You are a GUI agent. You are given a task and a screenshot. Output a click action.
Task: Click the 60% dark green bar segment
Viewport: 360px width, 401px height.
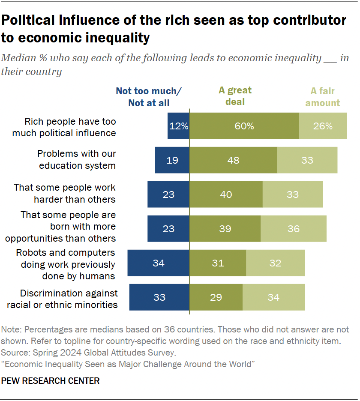pyautogui.click(x=244, y=126)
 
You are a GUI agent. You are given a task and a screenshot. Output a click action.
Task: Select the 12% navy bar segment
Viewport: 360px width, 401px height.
pyautogui.click(x=178, y=126)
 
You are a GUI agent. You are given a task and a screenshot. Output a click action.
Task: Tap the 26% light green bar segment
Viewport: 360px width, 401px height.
pyautogui.click(x=323, y=126)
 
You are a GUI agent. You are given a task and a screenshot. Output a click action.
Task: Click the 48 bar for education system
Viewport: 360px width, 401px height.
pyautogui.click(x=234, y=160)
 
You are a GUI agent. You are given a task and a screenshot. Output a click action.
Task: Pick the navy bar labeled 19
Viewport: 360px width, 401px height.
pyautogui.click(x=172, y=160)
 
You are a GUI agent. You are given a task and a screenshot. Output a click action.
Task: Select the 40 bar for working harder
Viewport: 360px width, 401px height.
pyautogui.click(x=226, y=195)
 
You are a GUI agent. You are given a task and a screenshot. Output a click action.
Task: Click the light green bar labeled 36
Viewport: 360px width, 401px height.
pyautogui.click(x=294, y=228)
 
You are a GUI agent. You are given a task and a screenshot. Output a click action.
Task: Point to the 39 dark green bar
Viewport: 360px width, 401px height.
pyautogui.click(x=225, y=228)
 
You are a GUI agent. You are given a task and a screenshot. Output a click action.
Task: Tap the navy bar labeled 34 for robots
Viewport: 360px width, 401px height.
pyautogui.click(x=158, y=263)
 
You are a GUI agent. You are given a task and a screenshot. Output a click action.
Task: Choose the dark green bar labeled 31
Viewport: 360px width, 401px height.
pyautogui.click(x=218, y=263)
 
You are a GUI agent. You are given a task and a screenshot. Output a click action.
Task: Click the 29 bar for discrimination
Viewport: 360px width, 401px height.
pyautogui.click(x=216, y=297)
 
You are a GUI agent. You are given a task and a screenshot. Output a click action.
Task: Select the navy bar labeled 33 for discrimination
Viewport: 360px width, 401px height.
pyautogui.click(x=159, y=297)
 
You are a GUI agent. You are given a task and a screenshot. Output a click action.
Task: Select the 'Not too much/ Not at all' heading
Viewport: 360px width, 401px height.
pyautogui.click(x=149, y=97)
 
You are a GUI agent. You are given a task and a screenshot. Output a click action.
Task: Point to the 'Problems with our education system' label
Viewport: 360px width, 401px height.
pyautogui.click(x=76, y=159)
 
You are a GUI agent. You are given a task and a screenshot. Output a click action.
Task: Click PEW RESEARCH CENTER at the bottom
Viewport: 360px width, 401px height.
pyautogui.click(x=51, y=381)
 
